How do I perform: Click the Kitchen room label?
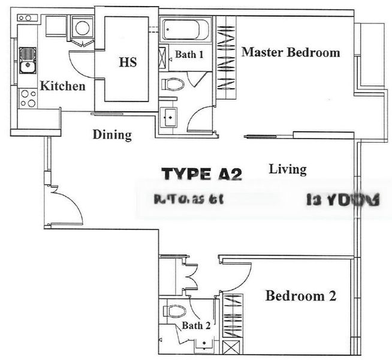click(x=62, y=86)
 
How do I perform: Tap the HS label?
click(x=128, y=62)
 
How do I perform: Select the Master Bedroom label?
click(x=291, y=52)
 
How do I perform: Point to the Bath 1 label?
click(x=189, y=55)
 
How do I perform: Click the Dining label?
click(x=112, y=134)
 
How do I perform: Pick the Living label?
click(x=288, y=169)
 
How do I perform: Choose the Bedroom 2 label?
click(x=301, y=296)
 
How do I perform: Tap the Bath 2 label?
click(x=197, y=326)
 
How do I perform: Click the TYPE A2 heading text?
click(x=202, y=175)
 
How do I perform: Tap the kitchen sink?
click(x=27, y=62)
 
